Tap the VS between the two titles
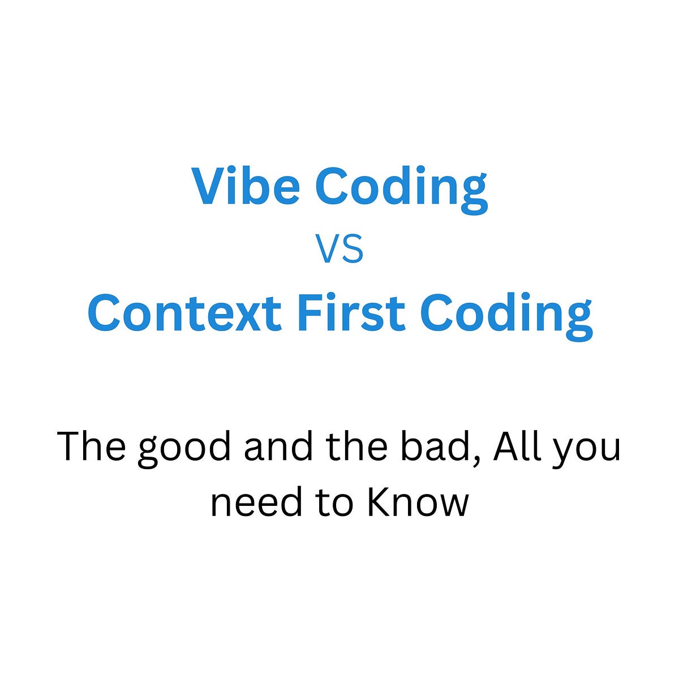pyautogui.click(x=339, y=251)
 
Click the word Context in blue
pyautogui.click(x=184, y=313)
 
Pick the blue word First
pyautogui.click(x=351, y=313)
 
